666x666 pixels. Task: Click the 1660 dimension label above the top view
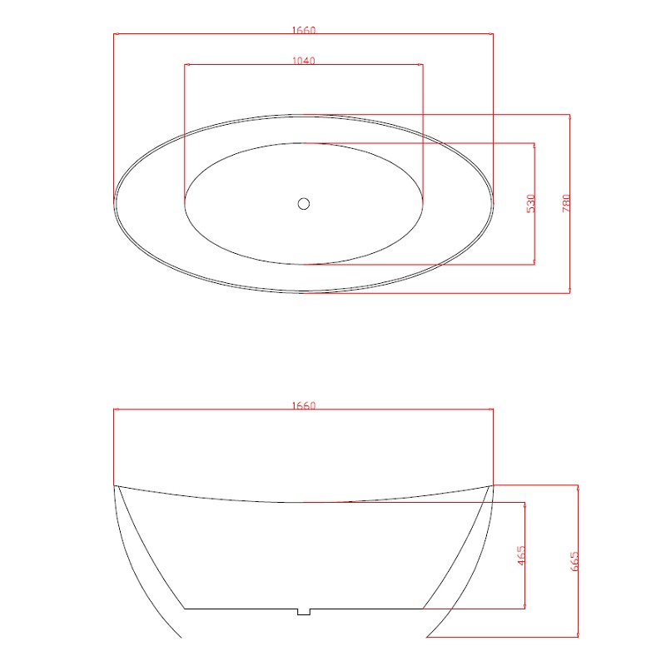(304, 30)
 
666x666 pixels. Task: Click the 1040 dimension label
(304, 61)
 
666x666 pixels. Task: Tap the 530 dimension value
(530, 203)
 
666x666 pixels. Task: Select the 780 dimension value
(566, 203)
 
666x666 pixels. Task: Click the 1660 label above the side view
(304, 405)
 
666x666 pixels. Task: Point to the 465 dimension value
(521, 555)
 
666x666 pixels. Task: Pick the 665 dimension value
(574, 561)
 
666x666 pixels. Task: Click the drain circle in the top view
(304, 204)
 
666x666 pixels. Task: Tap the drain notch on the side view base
(304, 612)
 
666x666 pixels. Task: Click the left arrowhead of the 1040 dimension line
(186, 65)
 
